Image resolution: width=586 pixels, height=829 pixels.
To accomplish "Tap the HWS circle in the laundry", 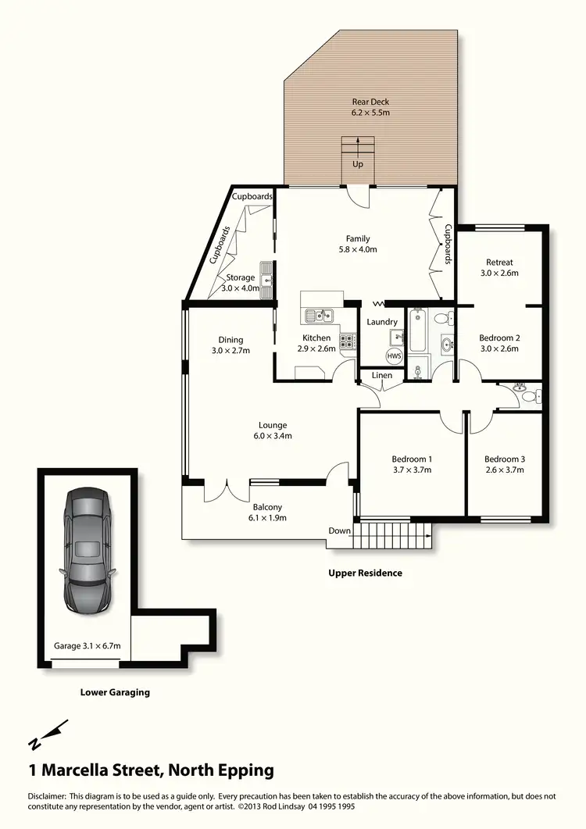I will [395, 355].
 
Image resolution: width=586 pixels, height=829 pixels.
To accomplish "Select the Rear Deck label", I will [370, 102].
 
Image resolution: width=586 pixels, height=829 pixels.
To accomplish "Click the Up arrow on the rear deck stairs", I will [358, 148].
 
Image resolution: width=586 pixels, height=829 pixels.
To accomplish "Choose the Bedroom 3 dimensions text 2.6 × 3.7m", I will [503, 470].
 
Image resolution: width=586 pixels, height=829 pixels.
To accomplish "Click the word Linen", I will [381, 377].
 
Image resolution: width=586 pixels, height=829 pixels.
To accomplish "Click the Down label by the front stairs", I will [339, 531].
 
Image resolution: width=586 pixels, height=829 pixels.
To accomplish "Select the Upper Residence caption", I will [365, 573].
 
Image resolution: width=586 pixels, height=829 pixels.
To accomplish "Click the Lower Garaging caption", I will [115, 691].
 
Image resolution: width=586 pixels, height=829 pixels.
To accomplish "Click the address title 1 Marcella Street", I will [151, 770].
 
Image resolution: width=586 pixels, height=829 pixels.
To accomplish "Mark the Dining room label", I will [230, 340].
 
